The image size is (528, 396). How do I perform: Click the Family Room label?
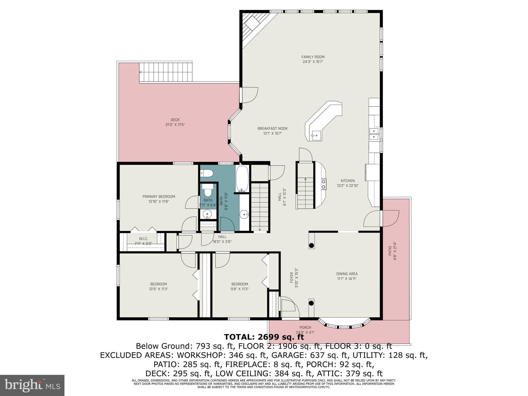313,57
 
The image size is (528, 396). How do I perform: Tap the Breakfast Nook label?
272,129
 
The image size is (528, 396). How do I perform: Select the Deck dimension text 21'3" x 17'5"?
175,125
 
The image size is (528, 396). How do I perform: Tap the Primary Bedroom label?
159,197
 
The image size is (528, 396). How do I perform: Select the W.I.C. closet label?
143,239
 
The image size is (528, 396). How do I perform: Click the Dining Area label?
347,274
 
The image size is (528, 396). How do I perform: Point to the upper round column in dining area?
311,245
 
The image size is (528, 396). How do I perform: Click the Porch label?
305,328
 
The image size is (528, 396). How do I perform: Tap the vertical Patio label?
390,251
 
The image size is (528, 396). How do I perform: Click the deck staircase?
166,72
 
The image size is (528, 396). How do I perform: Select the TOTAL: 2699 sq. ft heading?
264,337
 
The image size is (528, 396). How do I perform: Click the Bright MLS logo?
32,385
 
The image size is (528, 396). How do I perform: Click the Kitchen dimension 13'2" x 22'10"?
348,186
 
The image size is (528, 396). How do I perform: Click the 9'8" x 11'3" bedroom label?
240,289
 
